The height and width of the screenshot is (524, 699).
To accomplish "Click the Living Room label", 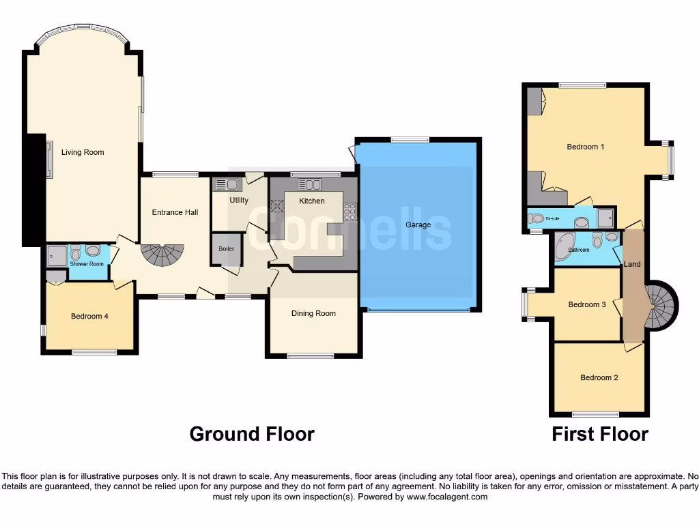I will pos(83,152).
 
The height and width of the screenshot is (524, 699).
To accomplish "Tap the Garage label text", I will pos(418,224).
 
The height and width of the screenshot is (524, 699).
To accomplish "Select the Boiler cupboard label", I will pos(226,249).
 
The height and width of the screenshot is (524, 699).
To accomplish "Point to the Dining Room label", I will pos(313,313).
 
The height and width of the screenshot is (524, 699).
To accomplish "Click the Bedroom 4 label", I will pos(89,316).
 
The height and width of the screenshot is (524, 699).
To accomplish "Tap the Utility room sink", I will pos(226,184).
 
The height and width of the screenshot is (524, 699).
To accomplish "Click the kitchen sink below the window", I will pos(310,184).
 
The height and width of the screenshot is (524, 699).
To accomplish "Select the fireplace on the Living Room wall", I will pos(48,159).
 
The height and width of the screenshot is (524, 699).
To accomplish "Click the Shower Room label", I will pos(87,264).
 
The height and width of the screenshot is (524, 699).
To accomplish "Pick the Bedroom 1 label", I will pos(585,147).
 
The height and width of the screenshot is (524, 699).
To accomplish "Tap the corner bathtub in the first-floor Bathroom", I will pos(565,244).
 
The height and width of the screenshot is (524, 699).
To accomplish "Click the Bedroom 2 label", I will pos(599,377).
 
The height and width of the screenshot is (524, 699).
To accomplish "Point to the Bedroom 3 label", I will pos(587,304).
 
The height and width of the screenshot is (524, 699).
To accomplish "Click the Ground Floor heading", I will pos(252,434).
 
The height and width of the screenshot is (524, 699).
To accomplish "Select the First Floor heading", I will pos(599,434).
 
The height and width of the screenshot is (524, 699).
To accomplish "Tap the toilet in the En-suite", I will pos(537,219).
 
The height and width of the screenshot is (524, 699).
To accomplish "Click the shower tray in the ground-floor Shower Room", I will pos(56,256).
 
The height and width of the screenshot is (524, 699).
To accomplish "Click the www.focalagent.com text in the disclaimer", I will pos(446,497).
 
